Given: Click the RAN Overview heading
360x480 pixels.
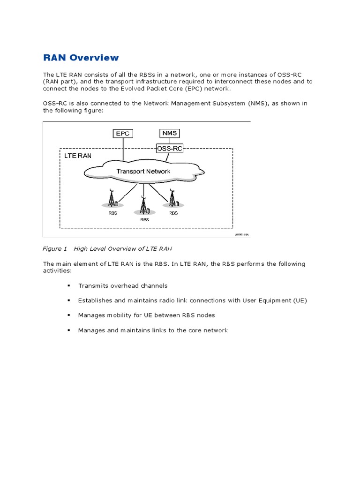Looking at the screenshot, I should click(81, 58).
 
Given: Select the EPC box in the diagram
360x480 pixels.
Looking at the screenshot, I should click(123, 134).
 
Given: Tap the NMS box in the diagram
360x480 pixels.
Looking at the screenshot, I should click(169, 133).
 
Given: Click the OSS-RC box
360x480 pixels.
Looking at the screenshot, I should click(169, 149).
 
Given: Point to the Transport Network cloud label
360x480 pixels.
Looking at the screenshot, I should click(143, 172).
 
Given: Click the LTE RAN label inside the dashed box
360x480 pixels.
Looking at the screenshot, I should click(78, 156).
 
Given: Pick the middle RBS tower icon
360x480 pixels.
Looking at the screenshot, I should click(144, 204).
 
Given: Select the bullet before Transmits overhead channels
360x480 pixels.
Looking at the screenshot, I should click(68, 285).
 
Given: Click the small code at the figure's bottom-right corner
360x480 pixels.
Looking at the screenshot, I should click(242, 234).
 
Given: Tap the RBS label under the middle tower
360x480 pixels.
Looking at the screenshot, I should click(144, 219).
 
